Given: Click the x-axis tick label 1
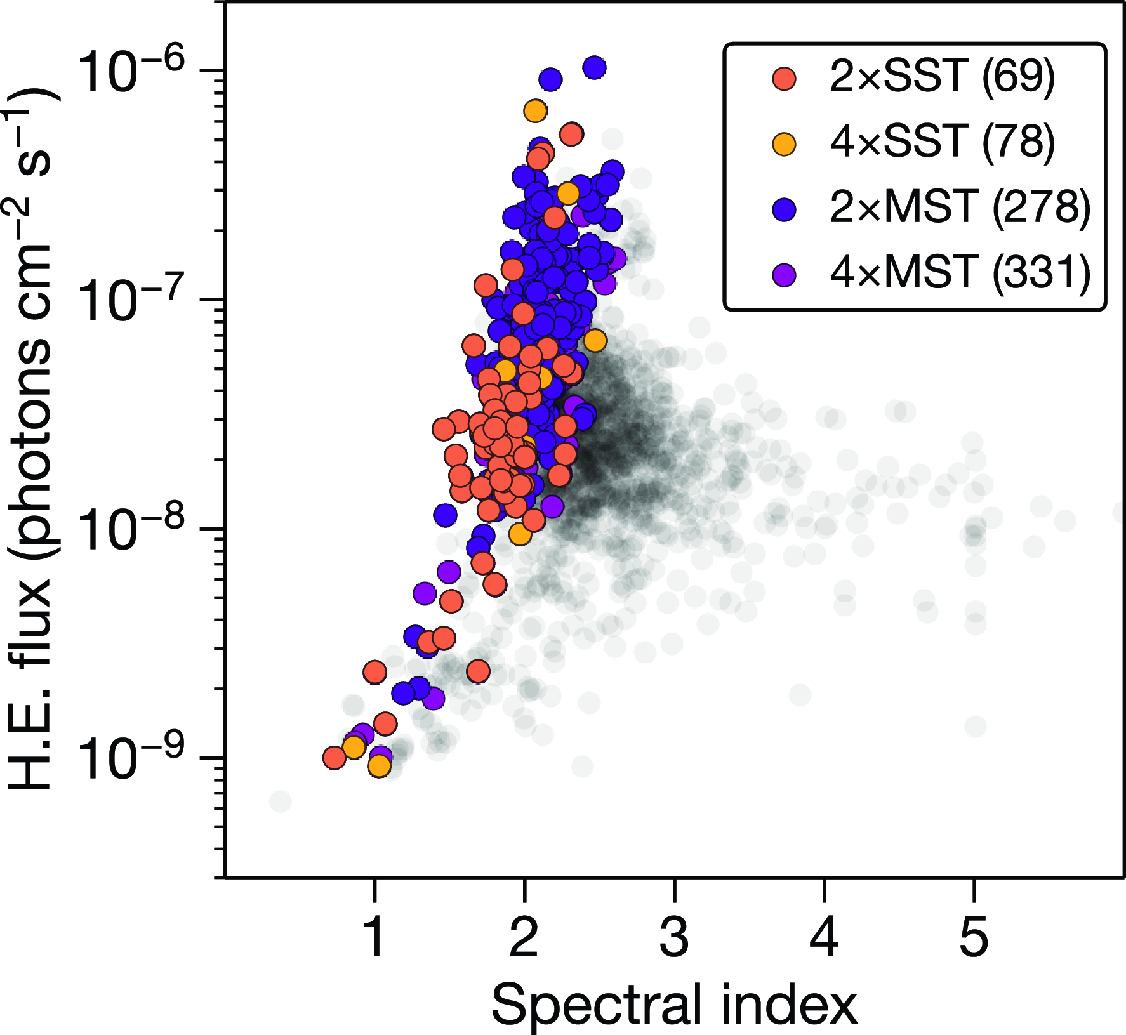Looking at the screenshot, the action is tap(375, 937).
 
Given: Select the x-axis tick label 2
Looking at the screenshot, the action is tap(524, 937).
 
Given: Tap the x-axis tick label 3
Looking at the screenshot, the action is tap(674, 937).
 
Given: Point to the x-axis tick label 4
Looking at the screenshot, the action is tap(824, 937).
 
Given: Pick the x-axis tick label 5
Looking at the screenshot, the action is tap(974, 937).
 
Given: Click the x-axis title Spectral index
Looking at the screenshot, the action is tap(674, 1004).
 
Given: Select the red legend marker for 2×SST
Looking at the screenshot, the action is tap(785, 78).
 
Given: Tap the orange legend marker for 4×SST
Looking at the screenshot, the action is tap(785, 143).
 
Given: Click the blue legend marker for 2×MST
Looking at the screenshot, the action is tap(785, 209).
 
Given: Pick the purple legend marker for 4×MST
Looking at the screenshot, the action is tap(785, 274).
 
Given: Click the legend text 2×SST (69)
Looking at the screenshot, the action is tap(942, 77).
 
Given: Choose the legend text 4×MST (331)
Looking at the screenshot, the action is tap(960, 273).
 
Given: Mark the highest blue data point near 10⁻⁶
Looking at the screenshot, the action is tap(594, 67).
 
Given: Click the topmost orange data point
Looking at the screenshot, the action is tap(536, 110).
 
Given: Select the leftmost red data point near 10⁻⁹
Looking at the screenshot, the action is tap(334, 757).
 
